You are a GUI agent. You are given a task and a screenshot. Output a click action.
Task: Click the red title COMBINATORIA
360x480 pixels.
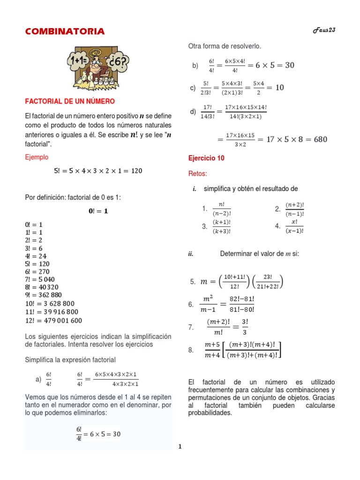(x=65, y=31)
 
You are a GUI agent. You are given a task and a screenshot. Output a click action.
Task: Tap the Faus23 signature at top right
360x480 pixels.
(x=324, y=30)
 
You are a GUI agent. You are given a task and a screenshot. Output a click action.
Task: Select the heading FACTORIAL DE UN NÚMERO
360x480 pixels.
(x=69, y=101)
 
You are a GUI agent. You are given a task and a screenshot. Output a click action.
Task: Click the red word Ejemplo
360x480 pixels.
(x=37, y=157)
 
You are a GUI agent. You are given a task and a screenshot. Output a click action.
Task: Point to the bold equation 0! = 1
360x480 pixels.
(x=98, y=211)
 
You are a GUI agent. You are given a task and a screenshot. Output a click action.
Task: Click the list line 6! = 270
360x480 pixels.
(x=37, y=272)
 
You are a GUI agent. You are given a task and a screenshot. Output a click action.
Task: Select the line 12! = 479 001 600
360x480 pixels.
(x=53, y=321)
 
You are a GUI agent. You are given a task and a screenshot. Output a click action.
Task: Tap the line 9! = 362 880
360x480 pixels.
(x=45, y=295)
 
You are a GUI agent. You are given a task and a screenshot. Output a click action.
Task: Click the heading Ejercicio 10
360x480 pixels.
(x=206, y=158)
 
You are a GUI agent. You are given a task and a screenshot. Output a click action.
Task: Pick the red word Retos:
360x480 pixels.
(x=197, y=174)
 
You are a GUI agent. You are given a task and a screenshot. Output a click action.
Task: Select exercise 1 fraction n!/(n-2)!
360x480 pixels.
(x=222, y=209)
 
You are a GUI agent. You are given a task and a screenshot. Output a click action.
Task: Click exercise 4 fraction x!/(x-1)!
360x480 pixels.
(x=295, y=226)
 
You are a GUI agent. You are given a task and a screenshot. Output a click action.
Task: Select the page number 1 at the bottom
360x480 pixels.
(x=180, y=447)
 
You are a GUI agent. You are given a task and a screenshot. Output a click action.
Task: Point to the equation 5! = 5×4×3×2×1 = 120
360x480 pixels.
(x=98, y=171)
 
